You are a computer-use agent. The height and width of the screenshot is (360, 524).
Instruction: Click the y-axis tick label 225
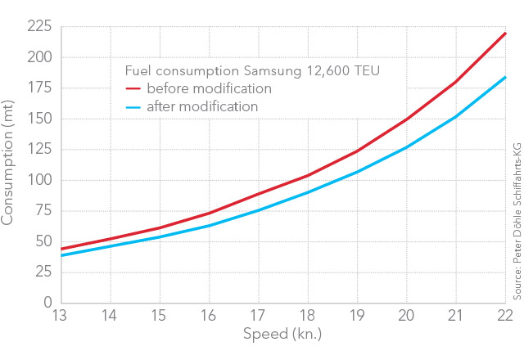(38, 27)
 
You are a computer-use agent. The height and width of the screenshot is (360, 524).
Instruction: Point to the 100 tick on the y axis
(38, 180)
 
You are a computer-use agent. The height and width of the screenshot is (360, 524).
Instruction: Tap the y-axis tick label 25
(43, 272)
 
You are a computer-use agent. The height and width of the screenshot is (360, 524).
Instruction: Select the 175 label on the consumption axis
(38, 88)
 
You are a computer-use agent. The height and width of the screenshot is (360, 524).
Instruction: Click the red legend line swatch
(133, 88)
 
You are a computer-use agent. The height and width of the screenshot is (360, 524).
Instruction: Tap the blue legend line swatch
(133, 107)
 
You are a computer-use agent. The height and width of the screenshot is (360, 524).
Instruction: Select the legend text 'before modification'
(209, 88)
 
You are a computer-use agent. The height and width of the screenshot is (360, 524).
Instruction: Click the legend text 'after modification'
(203, 107)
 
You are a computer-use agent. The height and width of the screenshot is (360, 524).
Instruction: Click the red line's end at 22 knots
(506, 34)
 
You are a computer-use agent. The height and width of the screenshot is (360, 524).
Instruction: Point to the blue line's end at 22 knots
(506, 77)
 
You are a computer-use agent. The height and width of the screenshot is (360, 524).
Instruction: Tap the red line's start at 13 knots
(61, 249)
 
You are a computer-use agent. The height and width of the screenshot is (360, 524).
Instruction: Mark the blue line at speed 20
(407, 147)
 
